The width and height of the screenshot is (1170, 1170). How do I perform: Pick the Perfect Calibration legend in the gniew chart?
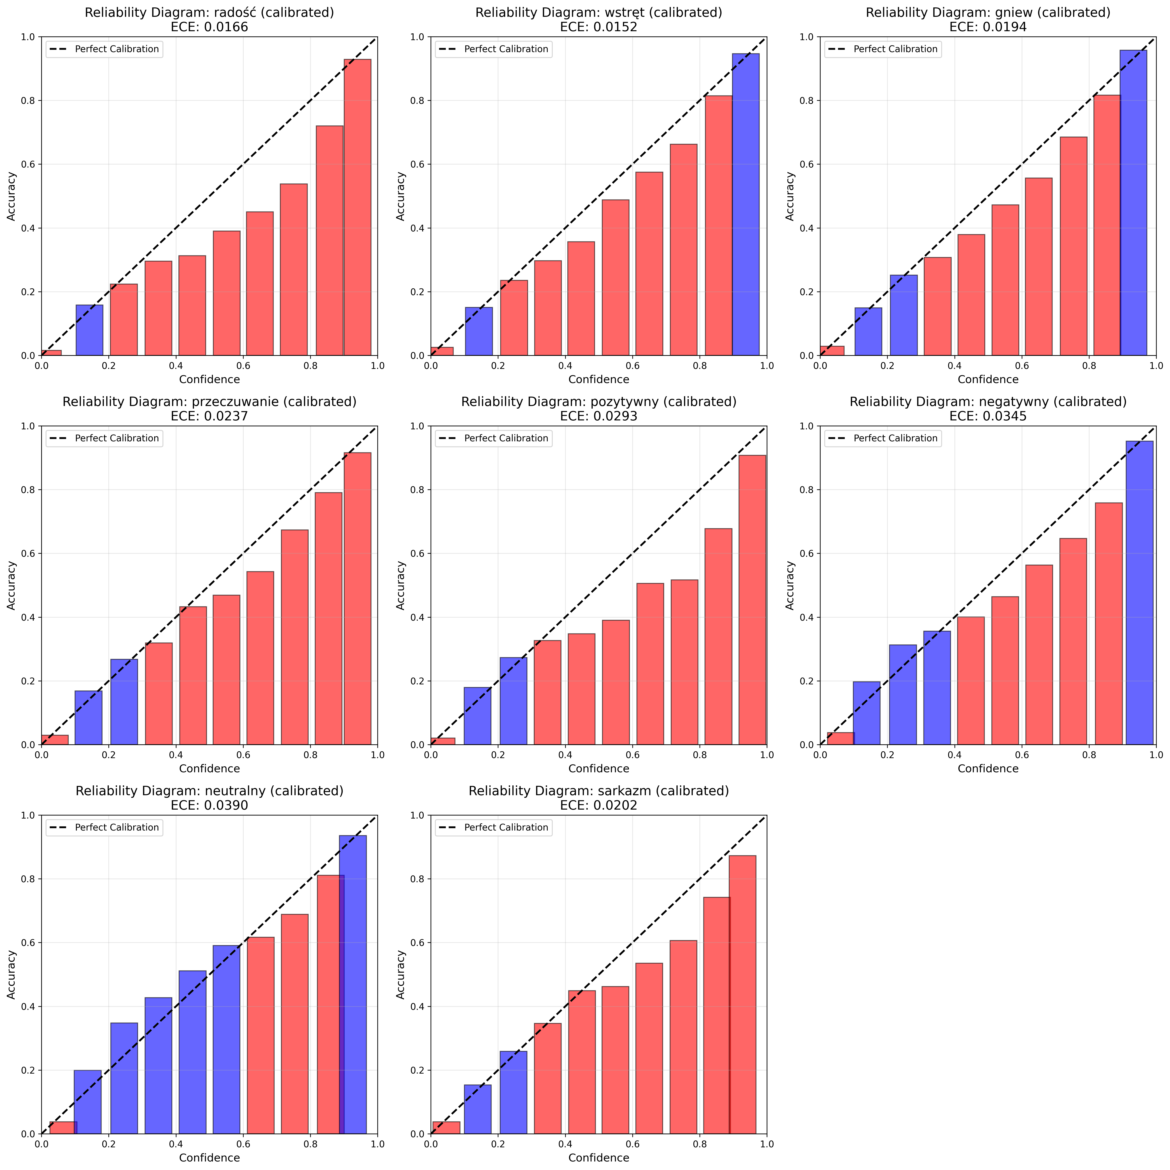(882, 49)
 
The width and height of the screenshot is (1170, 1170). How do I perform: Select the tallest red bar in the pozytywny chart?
(752, 600)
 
